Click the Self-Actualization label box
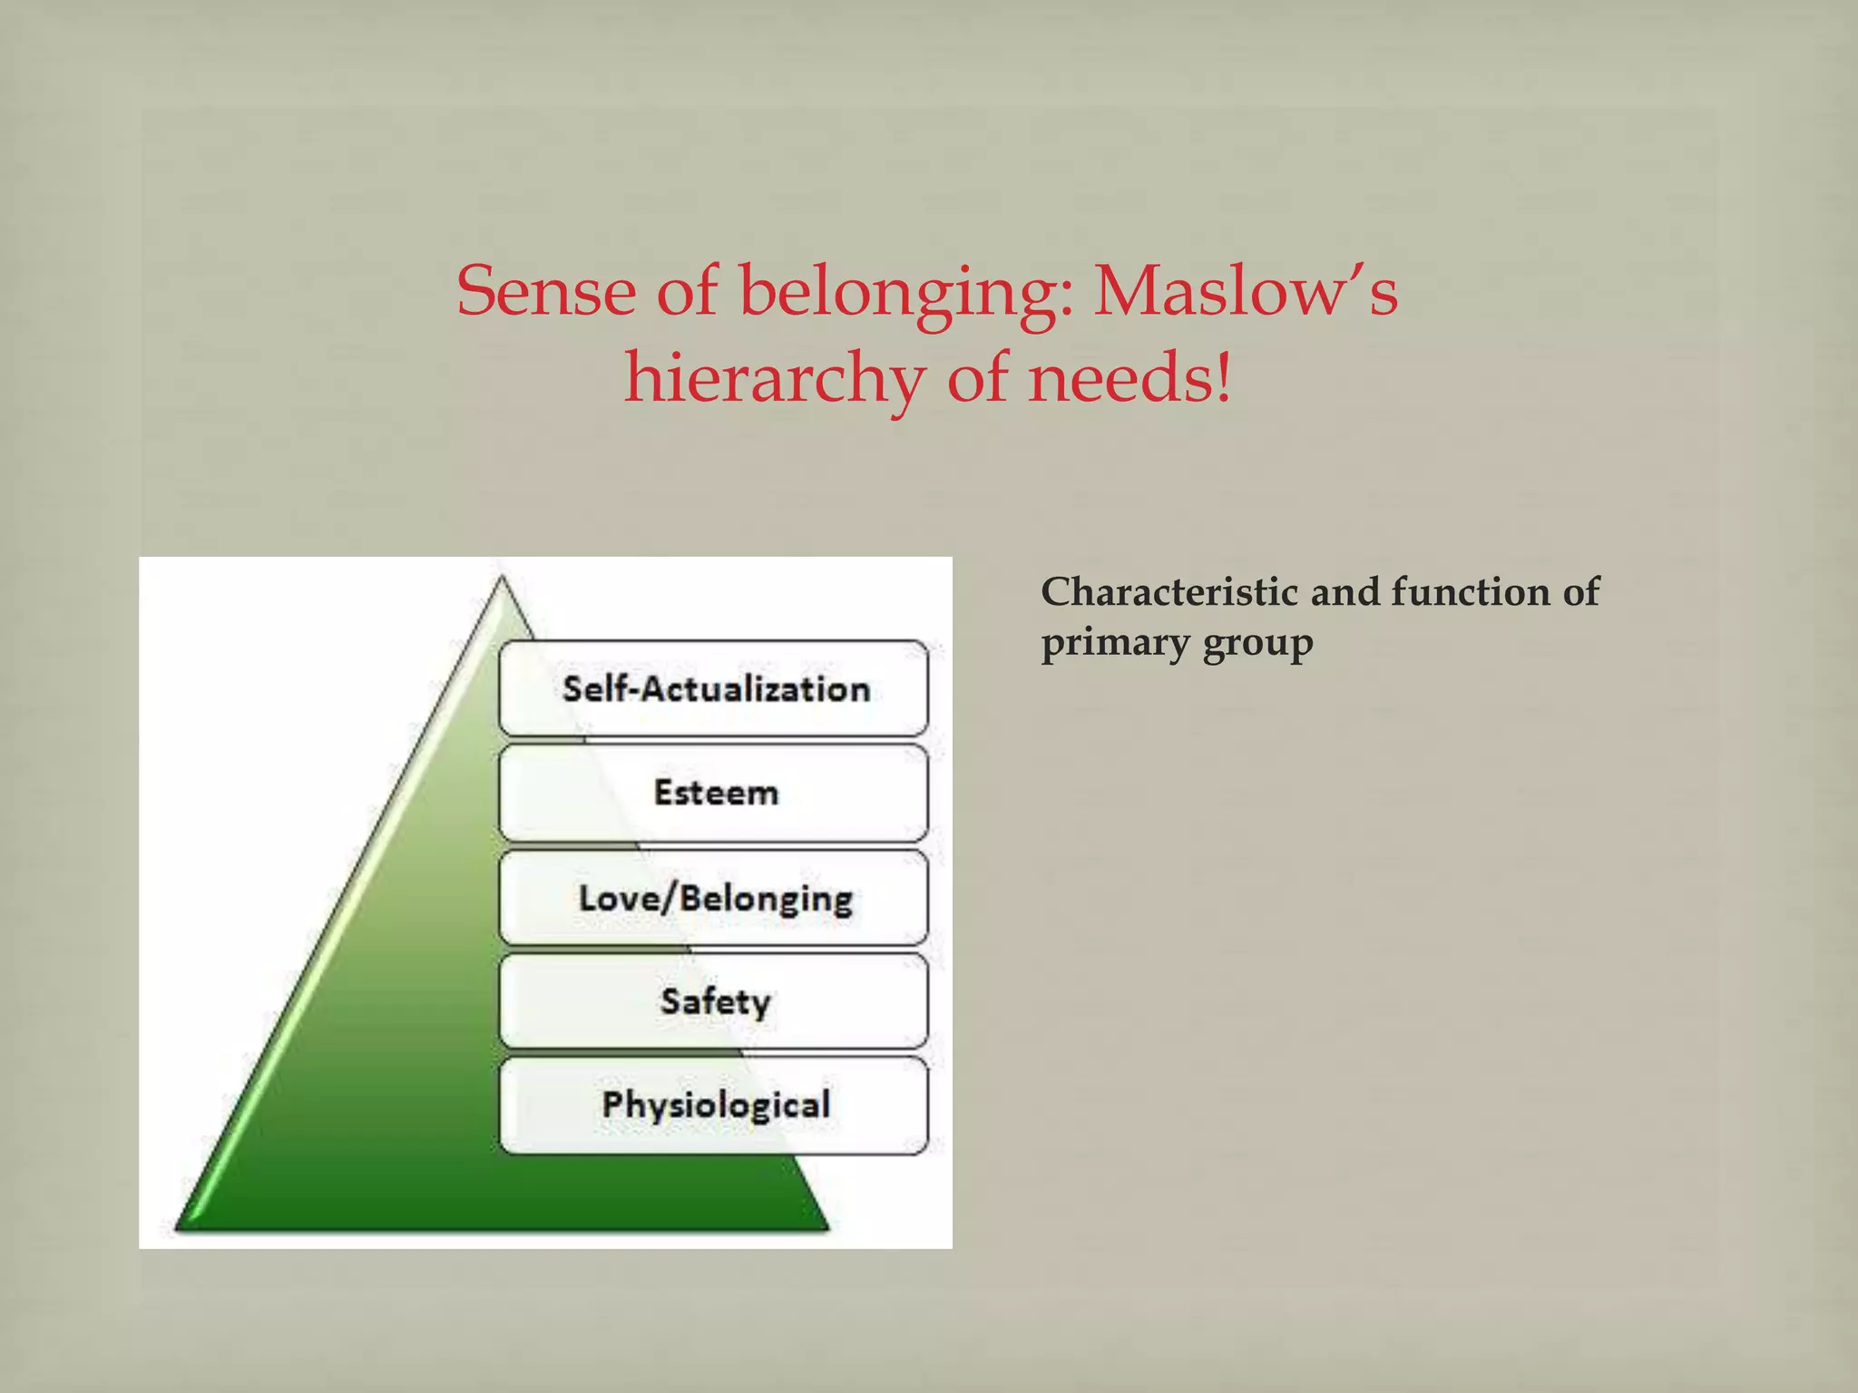click(713, 688)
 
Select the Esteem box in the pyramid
click(713, 793)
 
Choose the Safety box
click(713, 1001)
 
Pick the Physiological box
click(713, 1105)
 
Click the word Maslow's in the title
click(1245, 291)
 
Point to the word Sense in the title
click(546, 291)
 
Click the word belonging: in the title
click(906, 293)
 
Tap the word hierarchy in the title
click(774, 378)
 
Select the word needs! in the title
click(1130, 378)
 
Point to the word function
click(1470, 592)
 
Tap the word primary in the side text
click(1115, 644)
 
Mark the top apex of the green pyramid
click(502, 577)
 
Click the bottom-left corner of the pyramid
click(177, 1229)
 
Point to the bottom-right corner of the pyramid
click(827, 1229)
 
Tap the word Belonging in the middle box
click(766, 899)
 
